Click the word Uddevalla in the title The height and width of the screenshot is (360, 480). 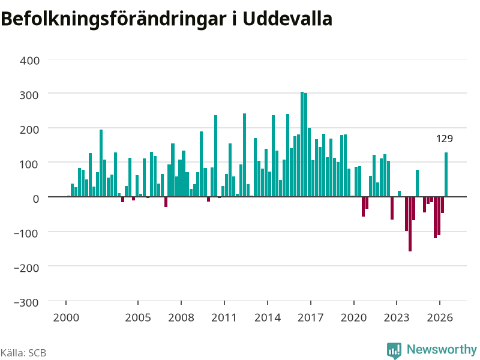(x=287, y=19)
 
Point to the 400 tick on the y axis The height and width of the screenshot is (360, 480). (x=29, y=61)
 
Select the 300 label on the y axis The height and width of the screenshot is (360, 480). (x=29, y=95)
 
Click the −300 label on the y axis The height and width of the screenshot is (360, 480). (x=26, y=302)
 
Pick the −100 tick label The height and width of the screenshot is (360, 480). (x=26, y=233)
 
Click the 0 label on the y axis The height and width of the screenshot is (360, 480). (x=36, y=199)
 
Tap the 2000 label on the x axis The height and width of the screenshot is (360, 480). (x=66, y=317)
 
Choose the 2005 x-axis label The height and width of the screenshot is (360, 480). (x=138, y=317)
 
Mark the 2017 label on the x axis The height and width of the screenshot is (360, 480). (x=310, y=317)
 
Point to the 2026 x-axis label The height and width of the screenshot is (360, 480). (x=440, y=317)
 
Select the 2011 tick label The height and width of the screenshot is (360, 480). (x=224, y=317)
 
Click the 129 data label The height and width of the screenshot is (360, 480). (x=445, y=139)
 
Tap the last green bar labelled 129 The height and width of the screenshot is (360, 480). (x=446, y=175)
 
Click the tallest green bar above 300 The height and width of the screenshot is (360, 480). (x=302, y=144)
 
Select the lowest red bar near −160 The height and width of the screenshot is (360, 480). (x=410, y=224)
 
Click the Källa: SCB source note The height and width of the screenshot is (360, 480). (x=23, y=353)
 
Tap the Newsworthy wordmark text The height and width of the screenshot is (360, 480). (x=442, y=349)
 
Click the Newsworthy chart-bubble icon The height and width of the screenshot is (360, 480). (x=394, y=350)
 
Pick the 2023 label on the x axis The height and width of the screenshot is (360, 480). (x=397, y=317)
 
